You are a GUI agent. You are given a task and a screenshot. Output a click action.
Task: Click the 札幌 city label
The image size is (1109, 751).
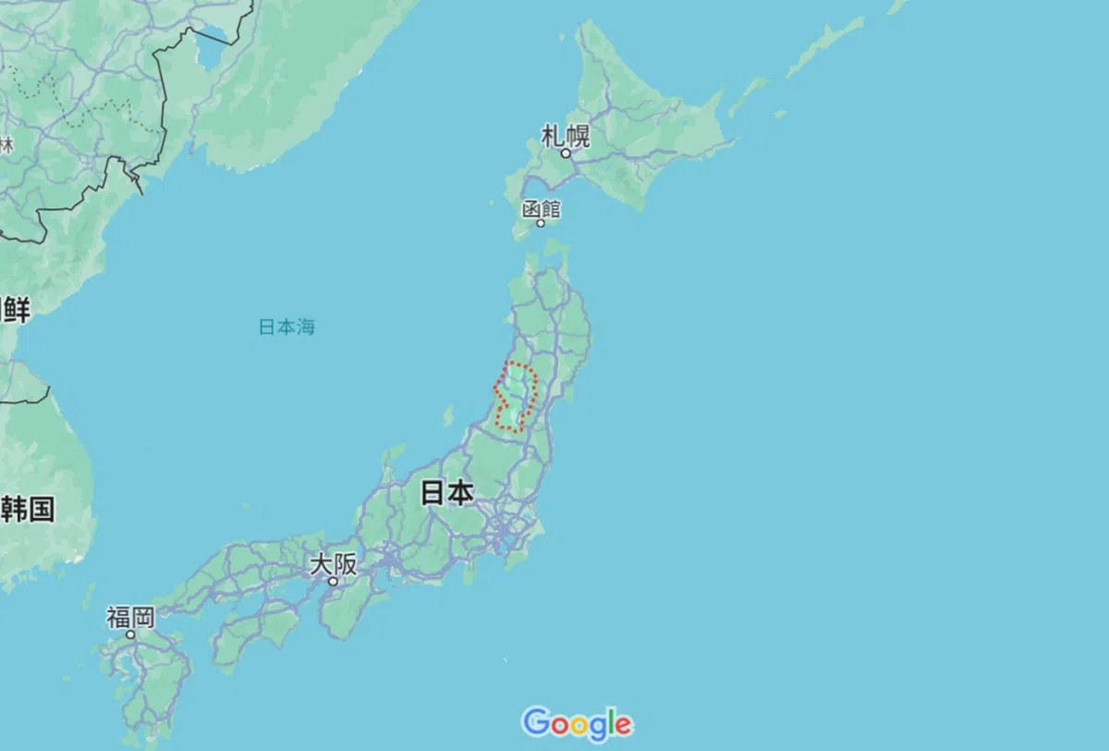pyautogui.click(x=566, y=136)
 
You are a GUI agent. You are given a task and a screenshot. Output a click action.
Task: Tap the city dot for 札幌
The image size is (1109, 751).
pyautogui.click(x=567, y=154)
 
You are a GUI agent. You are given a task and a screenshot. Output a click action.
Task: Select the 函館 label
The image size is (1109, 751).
pyautogui.click(x=541, y=208)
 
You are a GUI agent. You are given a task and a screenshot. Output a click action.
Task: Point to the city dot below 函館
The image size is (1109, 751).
pyautogui.click(x=541, y=223)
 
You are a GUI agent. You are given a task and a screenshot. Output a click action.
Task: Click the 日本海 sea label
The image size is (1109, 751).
pyautogui.click(x=286, y=326)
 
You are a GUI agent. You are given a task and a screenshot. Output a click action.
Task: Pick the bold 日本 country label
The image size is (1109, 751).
pyautogui.click(x=447, y=492)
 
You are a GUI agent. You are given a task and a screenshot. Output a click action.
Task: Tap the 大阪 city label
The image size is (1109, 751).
pyautogui.click(x=333, y=563)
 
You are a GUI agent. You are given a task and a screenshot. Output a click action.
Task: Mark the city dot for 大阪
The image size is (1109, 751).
pyautogui.click(x=333, y=582)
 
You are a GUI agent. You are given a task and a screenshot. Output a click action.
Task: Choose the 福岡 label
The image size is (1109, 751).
pyautogui.click(x=130, y=617)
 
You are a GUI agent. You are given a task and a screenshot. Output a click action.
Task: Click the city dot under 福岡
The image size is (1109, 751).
pyautogui.click(x=130, y=634)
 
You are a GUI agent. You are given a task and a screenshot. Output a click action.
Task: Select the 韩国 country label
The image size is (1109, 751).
pyautogui.click(x=28, y=509)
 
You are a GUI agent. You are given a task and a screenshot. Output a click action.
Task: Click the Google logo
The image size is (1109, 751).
pyautogui.click(x=577, y=723)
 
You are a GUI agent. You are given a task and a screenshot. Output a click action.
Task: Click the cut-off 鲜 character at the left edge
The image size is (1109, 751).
pyautogui.click(x=16, y=310)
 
